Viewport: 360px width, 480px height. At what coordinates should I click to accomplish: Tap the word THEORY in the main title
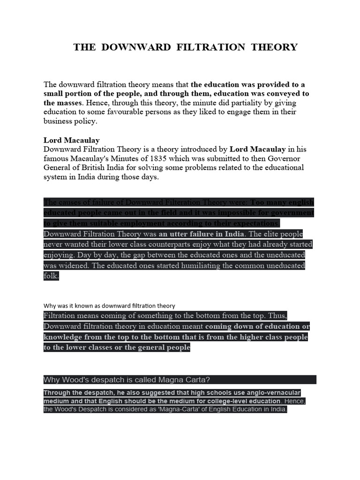[274, 47]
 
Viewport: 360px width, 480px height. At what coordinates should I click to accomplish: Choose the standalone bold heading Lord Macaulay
[72, 140]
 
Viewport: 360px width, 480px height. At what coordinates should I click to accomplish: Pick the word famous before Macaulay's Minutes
[58, 158]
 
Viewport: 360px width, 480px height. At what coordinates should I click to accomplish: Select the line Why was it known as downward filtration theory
[109, 305]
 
